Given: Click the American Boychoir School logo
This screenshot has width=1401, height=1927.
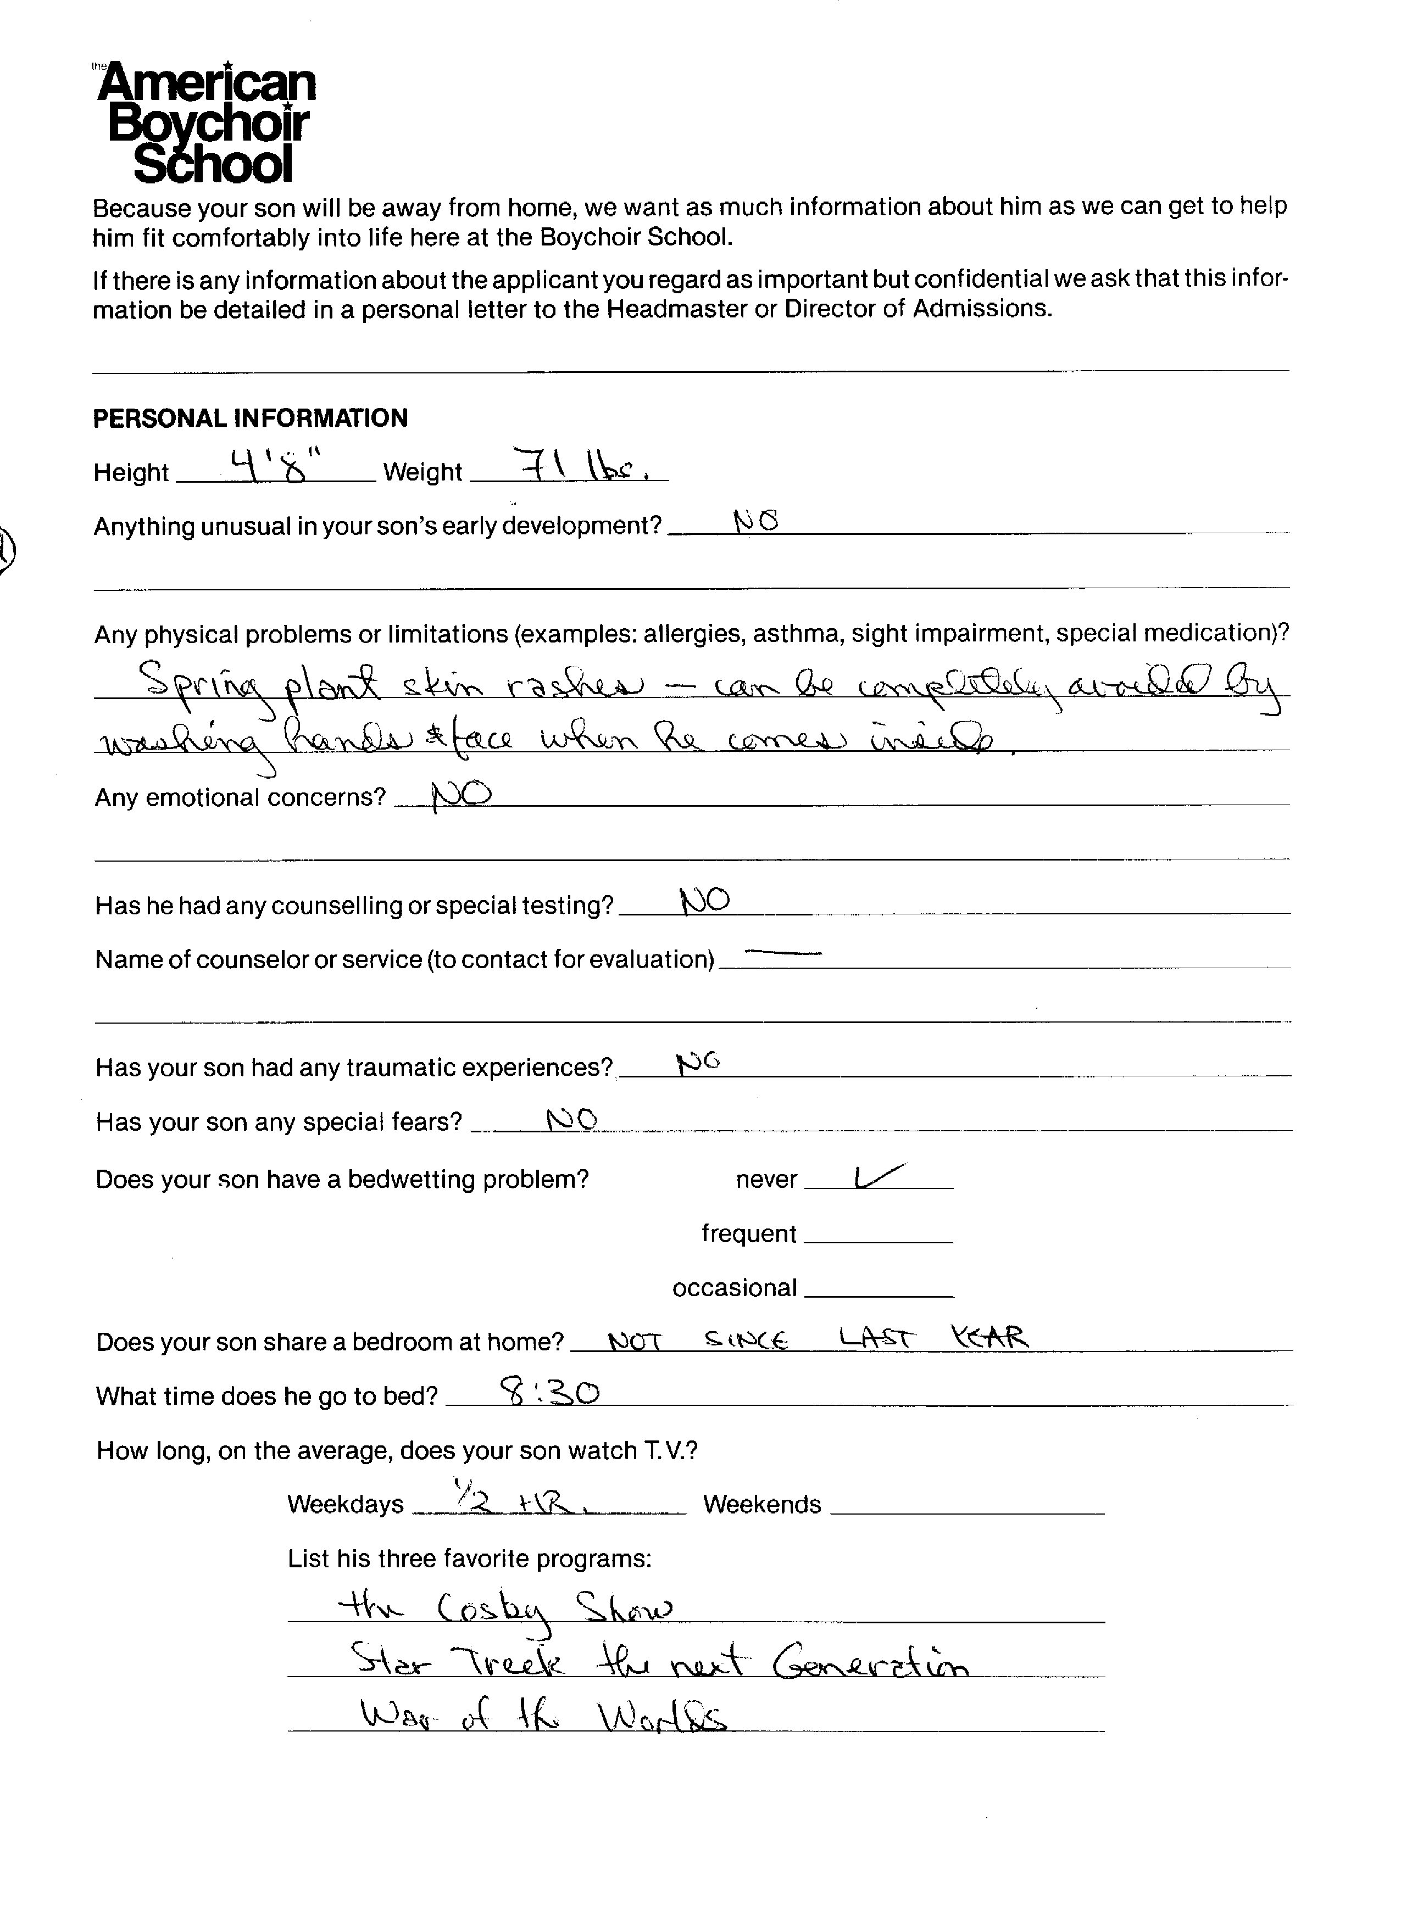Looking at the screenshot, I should (205, 122).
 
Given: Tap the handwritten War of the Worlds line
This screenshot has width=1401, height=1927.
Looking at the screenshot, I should (544, 1717).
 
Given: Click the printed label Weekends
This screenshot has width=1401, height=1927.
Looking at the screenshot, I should (761, 1505).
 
